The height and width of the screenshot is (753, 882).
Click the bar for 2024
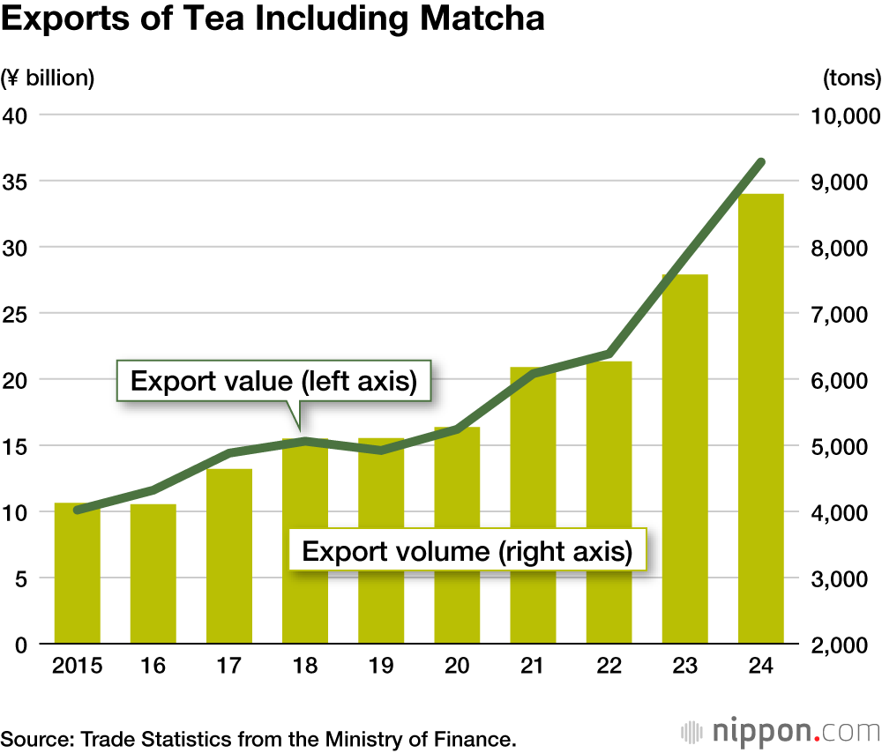761,419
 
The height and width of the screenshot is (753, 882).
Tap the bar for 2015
78,573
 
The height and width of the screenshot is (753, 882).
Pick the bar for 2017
229,555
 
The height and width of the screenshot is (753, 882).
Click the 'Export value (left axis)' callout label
274,382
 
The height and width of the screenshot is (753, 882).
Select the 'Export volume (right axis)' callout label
467,552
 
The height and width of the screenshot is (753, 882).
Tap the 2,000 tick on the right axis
844,645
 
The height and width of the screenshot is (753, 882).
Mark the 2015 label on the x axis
77,667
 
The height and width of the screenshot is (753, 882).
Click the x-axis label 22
609,667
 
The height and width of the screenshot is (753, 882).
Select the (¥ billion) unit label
48,78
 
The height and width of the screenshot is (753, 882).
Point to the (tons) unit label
851,78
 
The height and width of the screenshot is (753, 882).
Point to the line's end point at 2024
761,162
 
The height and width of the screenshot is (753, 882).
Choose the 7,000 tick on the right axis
844,314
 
